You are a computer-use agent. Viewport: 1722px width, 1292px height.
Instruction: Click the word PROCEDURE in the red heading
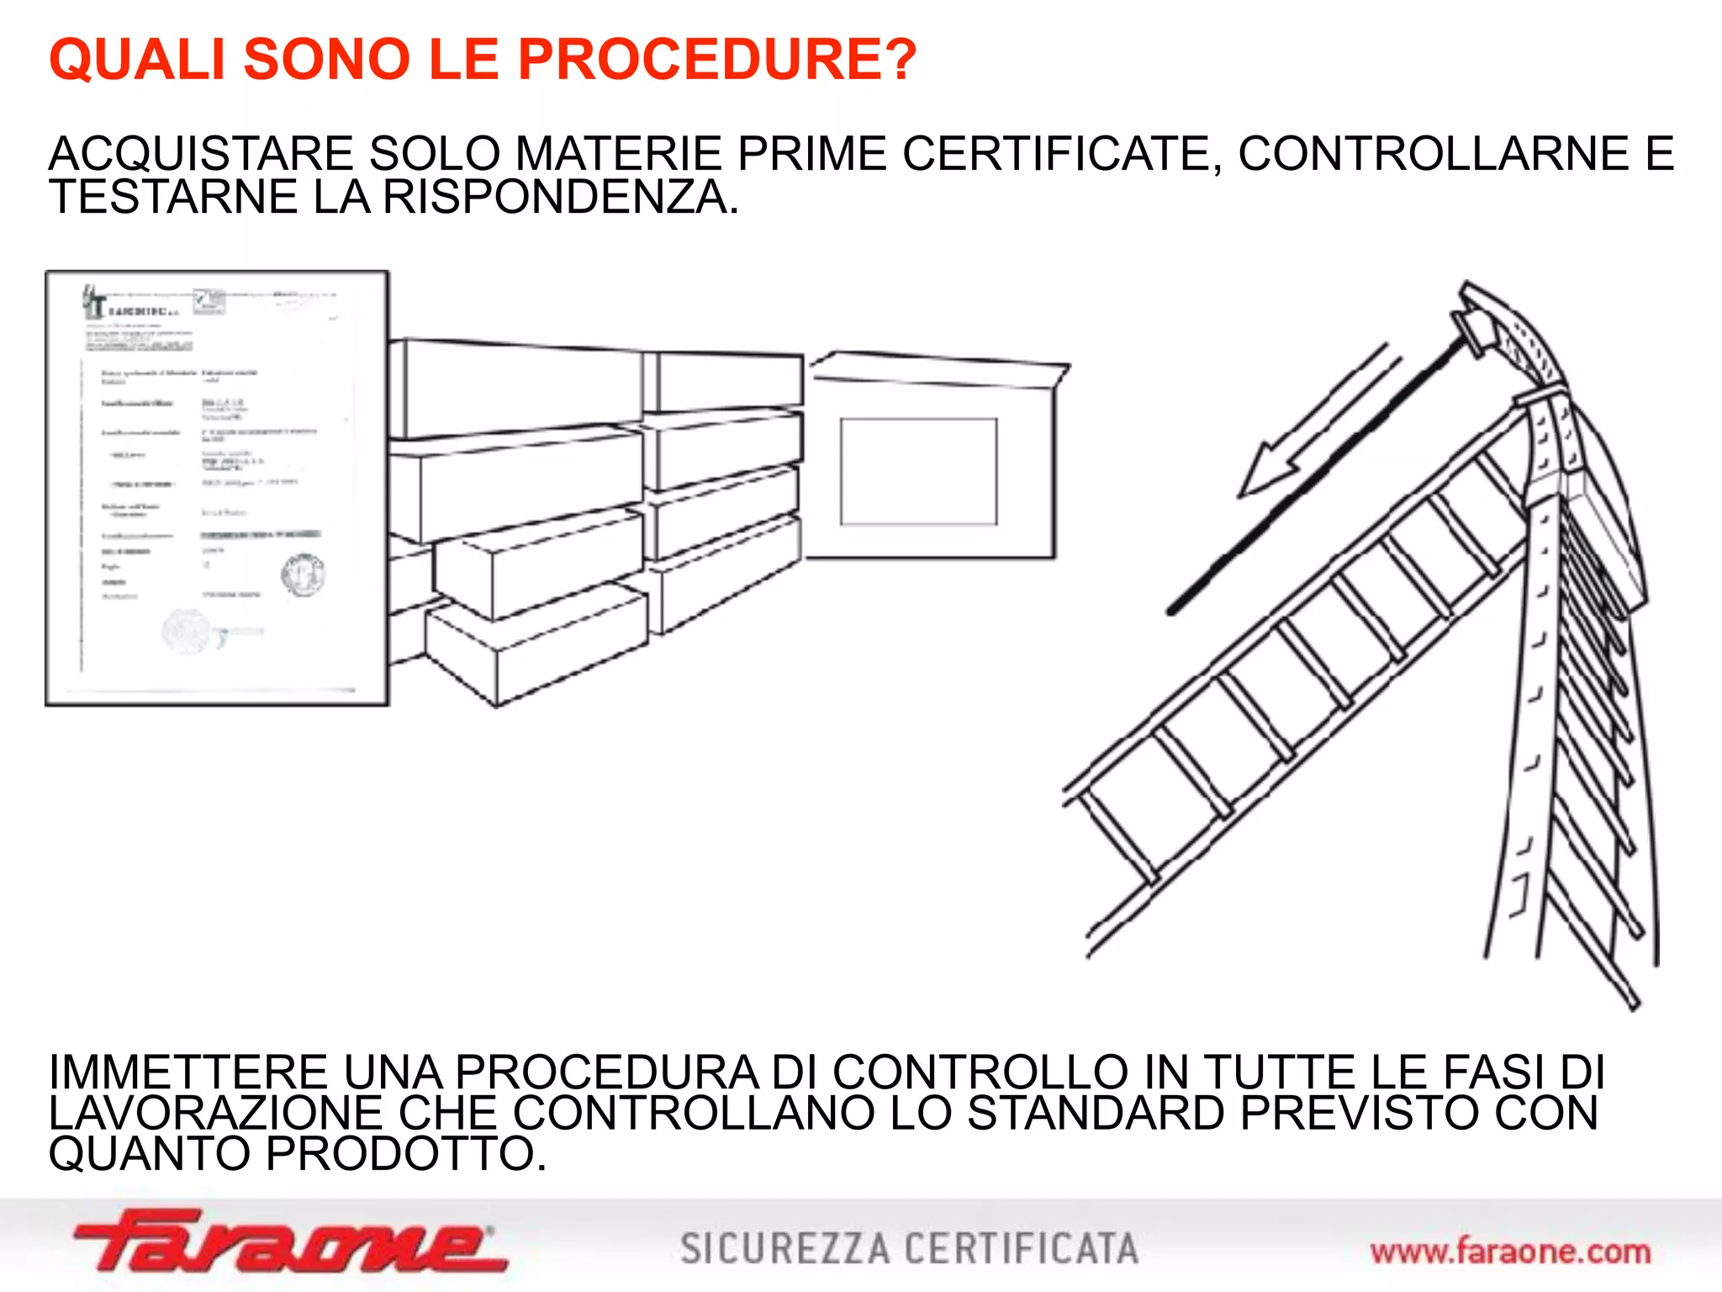click(x=715, y=60)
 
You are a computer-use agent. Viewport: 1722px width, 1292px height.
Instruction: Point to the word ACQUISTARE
click(x=202, y=154)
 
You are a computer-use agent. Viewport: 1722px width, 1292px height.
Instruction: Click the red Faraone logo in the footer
click(x=290, y=1241)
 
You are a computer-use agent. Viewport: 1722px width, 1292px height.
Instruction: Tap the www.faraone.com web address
click(x=1510, y=1252)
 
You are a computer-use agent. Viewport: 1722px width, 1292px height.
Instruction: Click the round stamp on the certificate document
click(x=303, y=575)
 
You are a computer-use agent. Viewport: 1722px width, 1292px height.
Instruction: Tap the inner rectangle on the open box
click(x=918, y=471)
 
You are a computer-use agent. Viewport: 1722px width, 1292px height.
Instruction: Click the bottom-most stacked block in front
click(x=538, y=643)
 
